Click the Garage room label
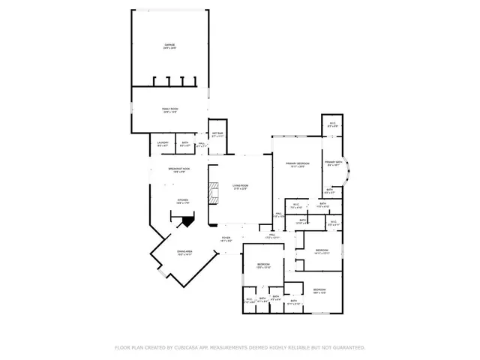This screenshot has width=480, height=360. (x=169, y=46)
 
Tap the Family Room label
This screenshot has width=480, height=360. (x=169, y=109)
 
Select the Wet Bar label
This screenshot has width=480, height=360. (x=217, y=134)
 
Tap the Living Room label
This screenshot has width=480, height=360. (x=239, y=185)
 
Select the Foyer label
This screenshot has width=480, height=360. (x=226, y=238)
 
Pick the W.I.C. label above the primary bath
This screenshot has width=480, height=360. (x=331, y=125)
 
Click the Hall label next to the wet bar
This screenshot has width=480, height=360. (x=201, y=143)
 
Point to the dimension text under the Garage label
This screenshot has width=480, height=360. (x=169, y=49)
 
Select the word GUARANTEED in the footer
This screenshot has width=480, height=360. (x=349, y=348)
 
